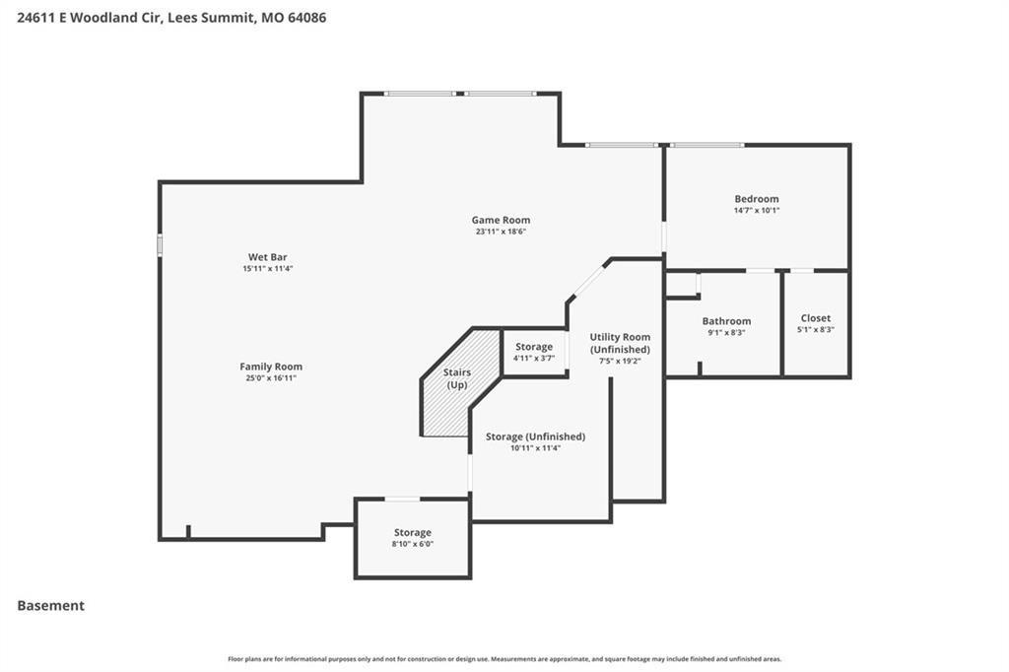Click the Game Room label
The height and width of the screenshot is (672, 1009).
click(x=501, y=220)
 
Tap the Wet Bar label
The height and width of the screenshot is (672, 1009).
click(x=268, y=257)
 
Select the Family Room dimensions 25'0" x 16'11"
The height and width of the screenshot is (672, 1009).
click(x=271, y=377)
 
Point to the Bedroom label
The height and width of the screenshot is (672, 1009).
click(x=757, y=199)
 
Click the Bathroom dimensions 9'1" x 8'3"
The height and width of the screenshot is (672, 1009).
click(x=726, y=333)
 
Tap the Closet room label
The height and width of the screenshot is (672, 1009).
click(x=815, y=318)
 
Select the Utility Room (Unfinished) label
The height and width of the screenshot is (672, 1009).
click(x=621, y=343)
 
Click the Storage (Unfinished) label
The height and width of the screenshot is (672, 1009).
click(x=535, y=437)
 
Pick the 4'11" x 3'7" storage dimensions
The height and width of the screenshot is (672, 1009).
click(x=534, y=359)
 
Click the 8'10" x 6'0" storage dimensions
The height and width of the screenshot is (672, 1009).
click(x=413, y=544)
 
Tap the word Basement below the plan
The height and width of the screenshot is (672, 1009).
click(x=51, y=606)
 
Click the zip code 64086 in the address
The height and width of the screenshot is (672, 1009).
click(x=307, y=18)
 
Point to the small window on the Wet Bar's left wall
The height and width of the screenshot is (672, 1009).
click(x=160, y=245)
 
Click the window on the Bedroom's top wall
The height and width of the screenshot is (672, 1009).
click(x=706, y=146)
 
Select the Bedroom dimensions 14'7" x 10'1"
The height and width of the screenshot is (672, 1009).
click(x=757, y=211)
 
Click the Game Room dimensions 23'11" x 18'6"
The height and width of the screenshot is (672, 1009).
click(x=501, y=232)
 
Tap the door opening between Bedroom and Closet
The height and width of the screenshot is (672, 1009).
click(x=801, y=271)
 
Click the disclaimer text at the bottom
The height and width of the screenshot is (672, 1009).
click(x=504, y=659)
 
